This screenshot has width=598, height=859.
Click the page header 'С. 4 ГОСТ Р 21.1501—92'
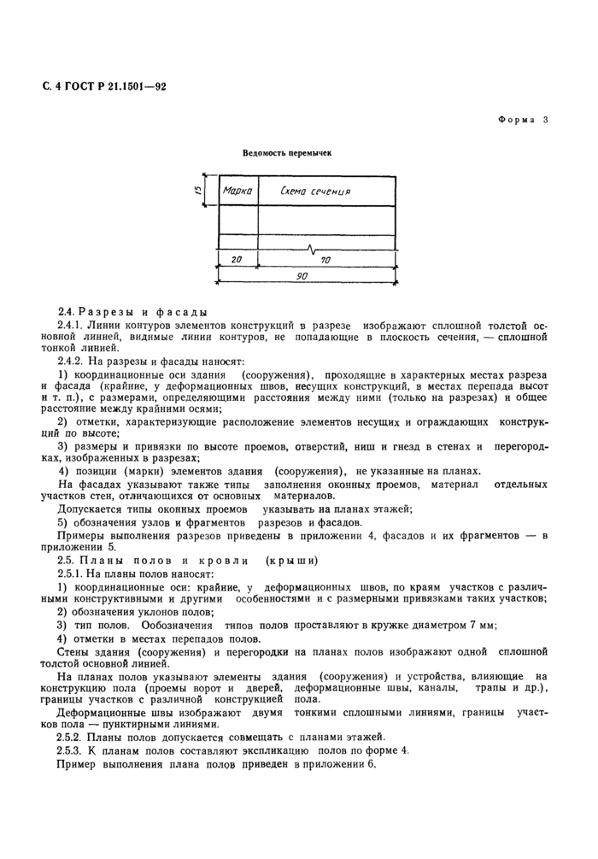click(x=104, y=86)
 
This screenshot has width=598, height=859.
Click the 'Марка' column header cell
click(x=237, y=191)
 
